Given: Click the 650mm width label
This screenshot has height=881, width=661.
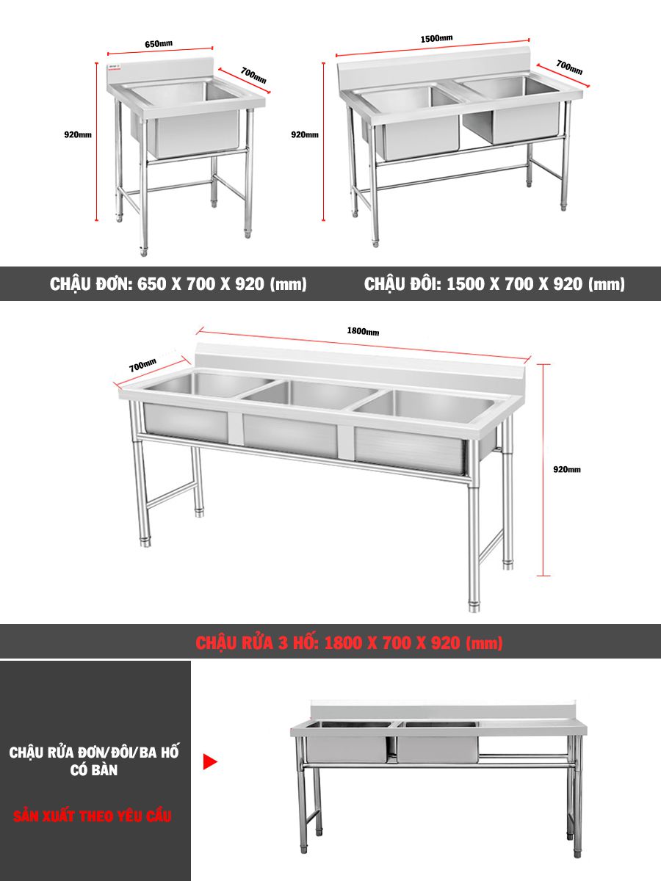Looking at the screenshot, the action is tap(159, 43).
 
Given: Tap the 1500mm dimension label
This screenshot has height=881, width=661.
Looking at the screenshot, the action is tap(436, 38).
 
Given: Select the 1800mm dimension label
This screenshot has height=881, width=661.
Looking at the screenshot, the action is tap(363, 331).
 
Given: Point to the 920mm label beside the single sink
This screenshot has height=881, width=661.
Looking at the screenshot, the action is tap(78, 134).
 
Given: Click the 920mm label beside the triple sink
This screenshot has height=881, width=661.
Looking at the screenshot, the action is tap(567, 469).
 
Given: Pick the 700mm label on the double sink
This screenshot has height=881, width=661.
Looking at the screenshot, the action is tap(569, 67).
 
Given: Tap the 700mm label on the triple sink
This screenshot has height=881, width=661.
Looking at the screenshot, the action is tap(142, 365).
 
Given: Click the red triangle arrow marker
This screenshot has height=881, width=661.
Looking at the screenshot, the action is tap(209, 761).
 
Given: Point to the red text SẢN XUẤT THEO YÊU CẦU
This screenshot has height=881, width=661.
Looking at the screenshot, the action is tap(93, 816).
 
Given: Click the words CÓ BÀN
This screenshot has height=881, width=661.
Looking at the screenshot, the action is tap(94, 770).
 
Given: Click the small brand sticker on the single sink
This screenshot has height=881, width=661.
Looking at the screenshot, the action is tap(115, 67).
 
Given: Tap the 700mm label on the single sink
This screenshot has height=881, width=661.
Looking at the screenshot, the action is tap(253, 75).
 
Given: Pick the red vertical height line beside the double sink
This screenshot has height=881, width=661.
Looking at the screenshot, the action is tap(323, 142).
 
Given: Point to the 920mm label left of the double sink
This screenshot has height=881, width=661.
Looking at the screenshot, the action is tap(305, 134).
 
